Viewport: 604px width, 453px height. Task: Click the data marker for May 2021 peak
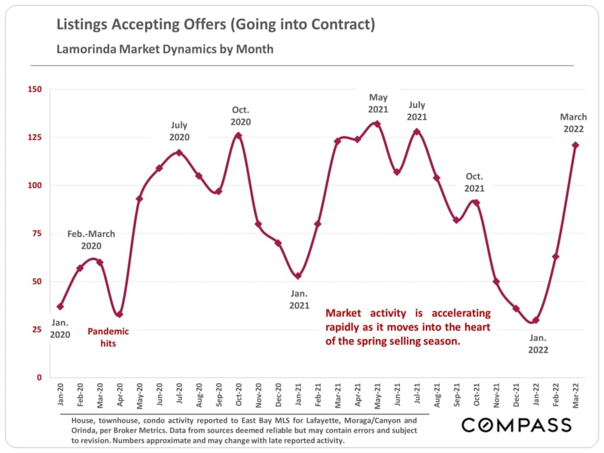[x=377, y=124]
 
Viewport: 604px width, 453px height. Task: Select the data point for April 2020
[x=119, y=314]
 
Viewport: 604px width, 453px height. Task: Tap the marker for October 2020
[x=238, y=136]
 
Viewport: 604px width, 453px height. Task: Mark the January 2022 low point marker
[x=536, y=320]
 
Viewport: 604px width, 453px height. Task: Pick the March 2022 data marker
[x=576, y=145]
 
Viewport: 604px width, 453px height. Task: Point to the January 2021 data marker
[x=298, y=275]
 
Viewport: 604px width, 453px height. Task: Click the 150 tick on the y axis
[x=35, y=89]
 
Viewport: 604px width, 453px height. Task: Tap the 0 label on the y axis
[x=40, y=377]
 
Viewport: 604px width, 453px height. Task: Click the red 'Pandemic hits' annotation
[x=108, y=337]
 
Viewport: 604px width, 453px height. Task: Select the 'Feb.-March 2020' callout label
[x=91, y=240]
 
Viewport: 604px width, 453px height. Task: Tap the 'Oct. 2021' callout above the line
[x=474, y=182]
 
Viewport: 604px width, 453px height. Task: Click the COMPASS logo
[x=516, y=425]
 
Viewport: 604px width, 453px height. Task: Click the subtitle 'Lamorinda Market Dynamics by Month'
[x=165, y=49]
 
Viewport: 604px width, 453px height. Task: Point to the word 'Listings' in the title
[x=81, y=25]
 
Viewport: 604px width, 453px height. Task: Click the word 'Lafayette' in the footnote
[x=321, y=421]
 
